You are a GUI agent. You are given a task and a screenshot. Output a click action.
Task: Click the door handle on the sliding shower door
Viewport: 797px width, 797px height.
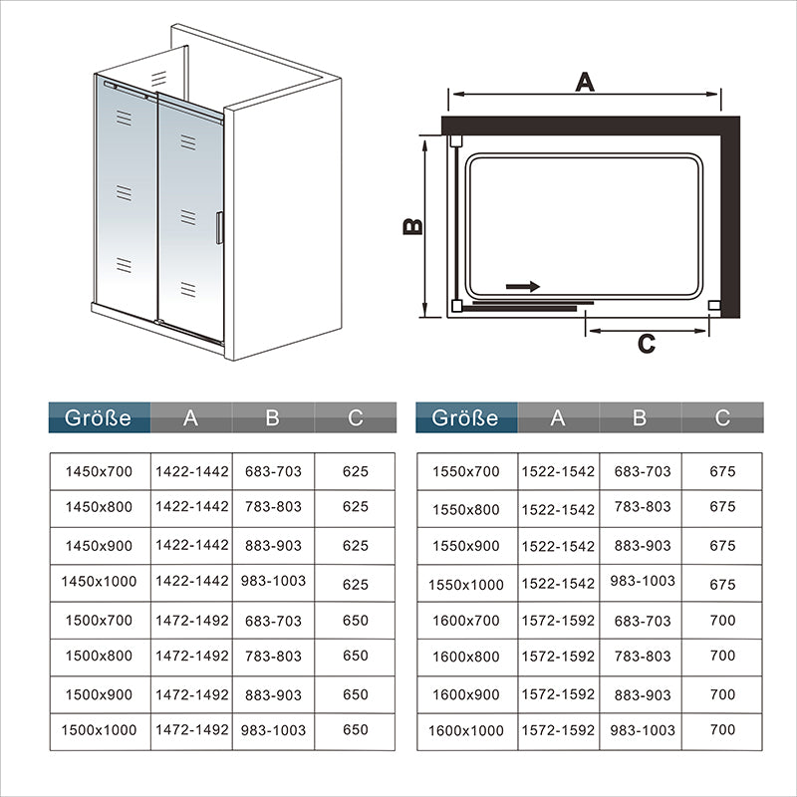click(x=219, y=228)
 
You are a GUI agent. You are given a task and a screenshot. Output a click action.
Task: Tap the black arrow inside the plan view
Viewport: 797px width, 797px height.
click(x=522, y=287)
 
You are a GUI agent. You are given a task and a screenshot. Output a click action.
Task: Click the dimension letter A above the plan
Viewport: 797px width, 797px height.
click(x=585, y=82)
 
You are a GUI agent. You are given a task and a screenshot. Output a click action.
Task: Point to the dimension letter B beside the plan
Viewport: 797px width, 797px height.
click(x=412, y=226)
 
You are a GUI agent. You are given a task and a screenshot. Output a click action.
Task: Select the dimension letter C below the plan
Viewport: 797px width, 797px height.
click(x=646, y=344)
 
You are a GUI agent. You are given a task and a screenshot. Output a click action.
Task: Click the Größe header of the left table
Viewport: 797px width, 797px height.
click(x=98, y=417)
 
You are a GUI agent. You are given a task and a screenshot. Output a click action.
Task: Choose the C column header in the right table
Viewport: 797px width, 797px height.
click(x=722, y=417)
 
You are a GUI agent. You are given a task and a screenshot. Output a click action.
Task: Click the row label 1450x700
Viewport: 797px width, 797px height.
click(x=99, y=471)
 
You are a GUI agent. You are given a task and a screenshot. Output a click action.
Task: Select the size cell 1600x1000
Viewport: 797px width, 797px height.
click(x=465, y=730)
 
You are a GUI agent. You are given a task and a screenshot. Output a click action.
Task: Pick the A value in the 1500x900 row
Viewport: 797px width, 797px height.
click(x=191, y=694)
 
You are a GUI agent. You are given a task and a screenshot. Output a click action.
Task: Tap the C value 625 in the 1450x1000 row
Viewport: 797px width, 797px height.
click(x=355, y=584)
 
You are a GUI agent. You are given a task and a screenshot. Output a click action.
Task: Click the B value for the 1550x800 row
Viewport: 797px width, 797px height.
click(x=643, y=506)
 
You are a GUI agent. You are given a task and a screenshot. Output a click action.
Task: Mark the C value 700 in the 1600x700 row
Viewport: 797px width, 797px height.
click(x=722, y=620)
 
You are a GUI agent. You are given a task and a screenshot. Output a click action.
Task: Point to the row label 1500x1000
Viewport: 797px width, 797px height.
click(x=99, y=730)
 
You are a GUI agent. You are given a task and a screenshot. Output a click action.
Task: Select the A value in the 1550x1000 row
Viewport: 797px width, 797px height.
click(x=558, y=584)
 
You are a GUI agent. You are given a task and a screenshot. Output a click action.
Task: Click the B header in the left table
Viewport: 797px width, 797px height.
click(x=272, y=417)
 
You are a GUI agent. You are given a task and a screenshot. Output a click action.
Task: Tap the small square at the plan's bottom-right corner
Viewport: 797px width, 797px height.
click(x=714, y=305)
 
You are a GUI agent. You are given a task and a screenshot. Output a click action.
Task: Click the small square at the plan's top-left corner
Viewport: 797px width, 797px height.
click(x=456, y=140)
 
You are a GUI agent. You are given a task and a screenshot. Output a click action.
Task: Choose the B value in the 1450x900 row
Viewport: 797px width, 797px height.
click(x=273, y=545)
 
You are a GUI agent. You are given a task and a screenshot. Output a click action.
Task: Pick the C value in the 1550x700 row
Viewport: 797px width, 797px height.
click(x=722, y=471)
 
